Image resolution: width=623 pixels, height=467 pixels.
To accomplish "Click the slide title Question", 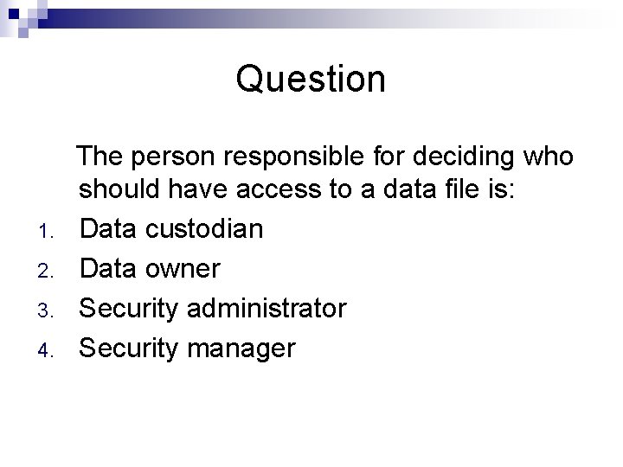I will point(311,80).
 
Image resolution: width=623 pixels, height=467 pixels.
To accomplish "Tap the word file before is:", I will point(460,189).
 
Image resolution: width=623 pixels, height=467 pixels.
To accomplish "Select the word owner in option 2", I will point(183,268).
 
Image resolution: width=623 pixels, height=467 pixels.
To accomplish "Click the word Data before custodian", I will point(108,228).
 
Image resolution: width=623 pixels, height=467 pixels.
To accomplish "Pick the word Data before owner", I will point(108,268).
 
